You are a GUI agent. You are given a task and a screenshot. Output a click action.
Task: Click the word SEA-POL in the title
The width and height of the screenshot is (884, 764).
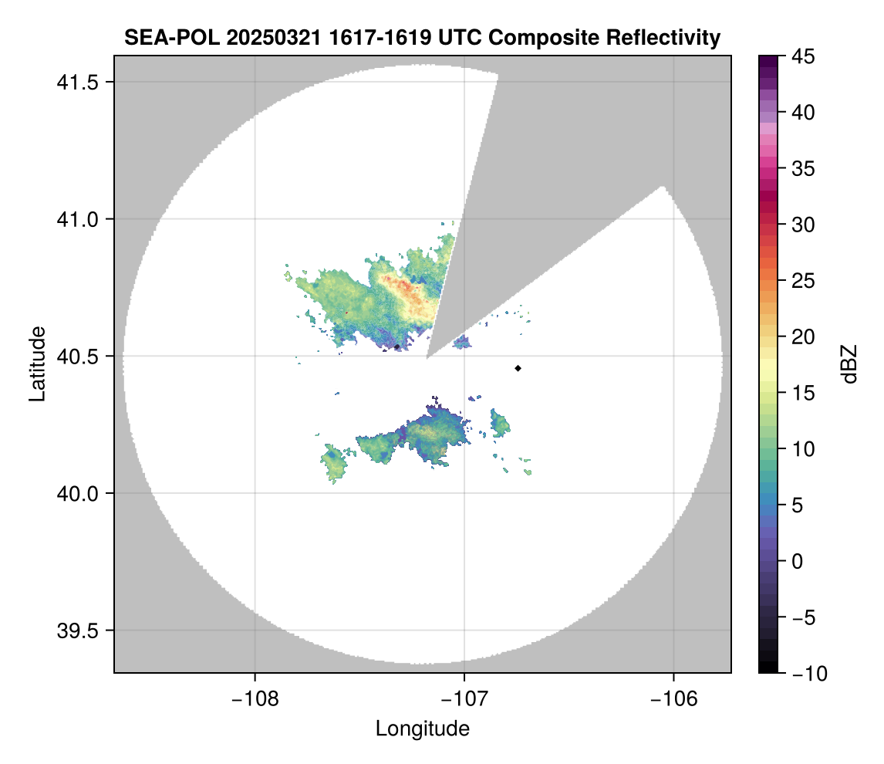point(163,37)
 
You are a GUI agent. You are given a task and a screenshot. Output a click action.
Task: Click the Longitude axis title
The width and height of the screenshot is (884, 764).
point(422,729)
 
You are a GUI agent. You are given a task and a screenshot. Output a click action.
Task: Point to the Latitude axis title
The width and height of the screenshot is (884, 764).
point(36,363)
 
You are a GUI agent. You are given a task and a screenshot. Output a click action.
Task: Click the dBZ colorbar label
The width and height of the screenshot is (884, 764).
point(849,364)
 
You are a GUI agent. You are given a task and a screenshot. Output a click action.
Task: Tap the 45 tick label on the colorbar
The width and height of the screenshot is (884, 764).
point(801,56)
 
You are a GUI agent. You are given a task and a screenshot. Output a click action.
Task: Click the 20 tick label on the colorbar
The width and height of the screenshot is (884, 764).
point(801,336)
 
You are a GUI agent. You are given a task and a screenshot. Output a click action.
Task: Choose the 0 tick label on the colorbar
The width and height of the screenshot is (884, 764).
point(797,561)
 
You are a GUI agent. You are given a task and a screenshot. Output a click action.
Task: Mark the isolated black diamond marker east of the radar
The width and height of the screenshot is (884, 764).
point(518,368)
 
